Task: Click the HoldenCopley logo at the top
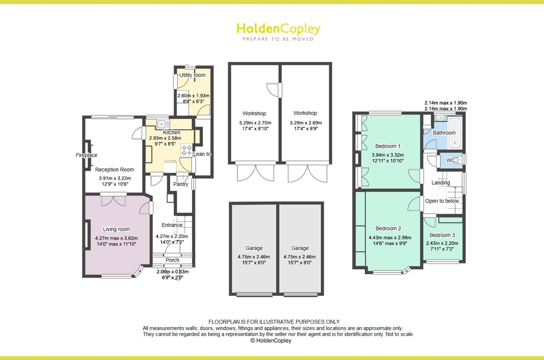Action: point(278,31)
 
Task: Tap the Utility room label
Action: point(192,75)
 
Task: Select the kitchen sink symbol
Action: point(162,124)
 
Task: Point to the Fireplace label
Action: point(86,155)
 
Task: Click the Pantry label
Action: point(181,184)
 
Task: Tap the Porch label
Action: point(172,260)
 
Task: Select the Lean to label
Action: point(202,154)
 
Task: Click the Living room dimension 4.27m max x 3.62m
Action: point(116,238)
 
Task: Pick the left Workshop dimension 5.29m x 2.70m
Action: point(255,123)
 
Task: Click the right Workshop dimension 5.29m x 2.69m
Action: point(306,123)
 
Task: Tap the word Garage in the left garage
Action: point(254,248)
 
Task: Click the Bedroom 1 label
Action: point(388,146)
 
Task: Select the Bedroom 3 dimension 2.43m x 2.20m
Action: point(442,243)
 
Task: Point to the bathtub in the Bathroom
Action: point(455,132)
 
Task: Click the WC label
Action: point(451,160)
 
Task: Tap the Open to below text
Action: point(442,201)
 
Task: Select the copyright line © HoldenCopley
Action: point(271,340)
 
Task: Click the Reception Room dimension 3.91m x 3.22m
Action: point(115,178)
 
